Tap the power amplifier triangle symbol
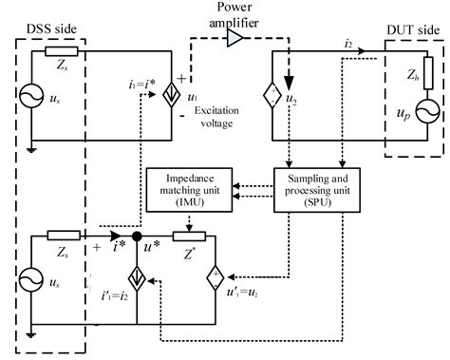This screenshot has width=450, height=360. (x=234, y=37)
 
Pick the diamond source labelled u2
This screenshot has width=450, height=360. (x=274, y=101)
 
